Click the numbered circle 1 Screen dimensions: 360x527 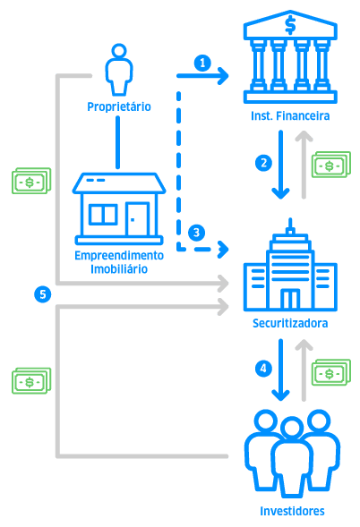click(x=202, y=63)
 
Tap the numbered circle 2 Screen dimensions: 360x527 click(x=263, y=163)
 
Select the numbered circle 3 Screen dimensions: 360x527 click(x=197, y=233)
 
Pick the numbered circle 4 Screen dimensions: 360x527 click(x=263, y=369)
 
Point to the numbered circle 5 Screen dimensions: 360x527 click(x=43, y=294)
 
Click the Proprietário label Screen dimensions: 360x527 click(x=119, y=106)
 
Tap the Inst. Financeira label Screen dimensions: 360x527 click(x=290, y=116)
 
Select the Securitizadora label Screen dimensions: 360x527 click(x=290, y=323)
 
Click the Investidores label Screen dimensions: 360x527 click(x=292, y=511)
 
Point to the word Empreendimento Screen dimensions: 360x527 click(x=119, y=255)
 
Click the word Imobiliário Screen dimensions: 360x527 click(x=119, y=269)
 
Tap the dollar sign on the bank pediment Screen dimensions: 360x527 click(x=290, y=25)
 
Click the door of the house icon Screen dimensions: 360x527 click(x=137, y=219)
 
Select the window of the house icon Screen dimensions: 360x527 click(x=103, y=215)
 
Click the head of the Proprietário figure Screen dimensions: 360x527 click(x=119, y=51)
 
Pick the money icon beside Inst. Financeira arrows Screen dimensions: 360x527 click(x=331, y=165)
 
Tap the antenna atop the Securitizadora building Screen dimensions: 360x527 click(x=290, y=226)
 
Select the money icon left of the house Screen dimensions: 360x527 click(x=31, y=181)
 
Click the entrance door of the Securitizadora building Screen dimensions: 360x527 click(x=290, y=299)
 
